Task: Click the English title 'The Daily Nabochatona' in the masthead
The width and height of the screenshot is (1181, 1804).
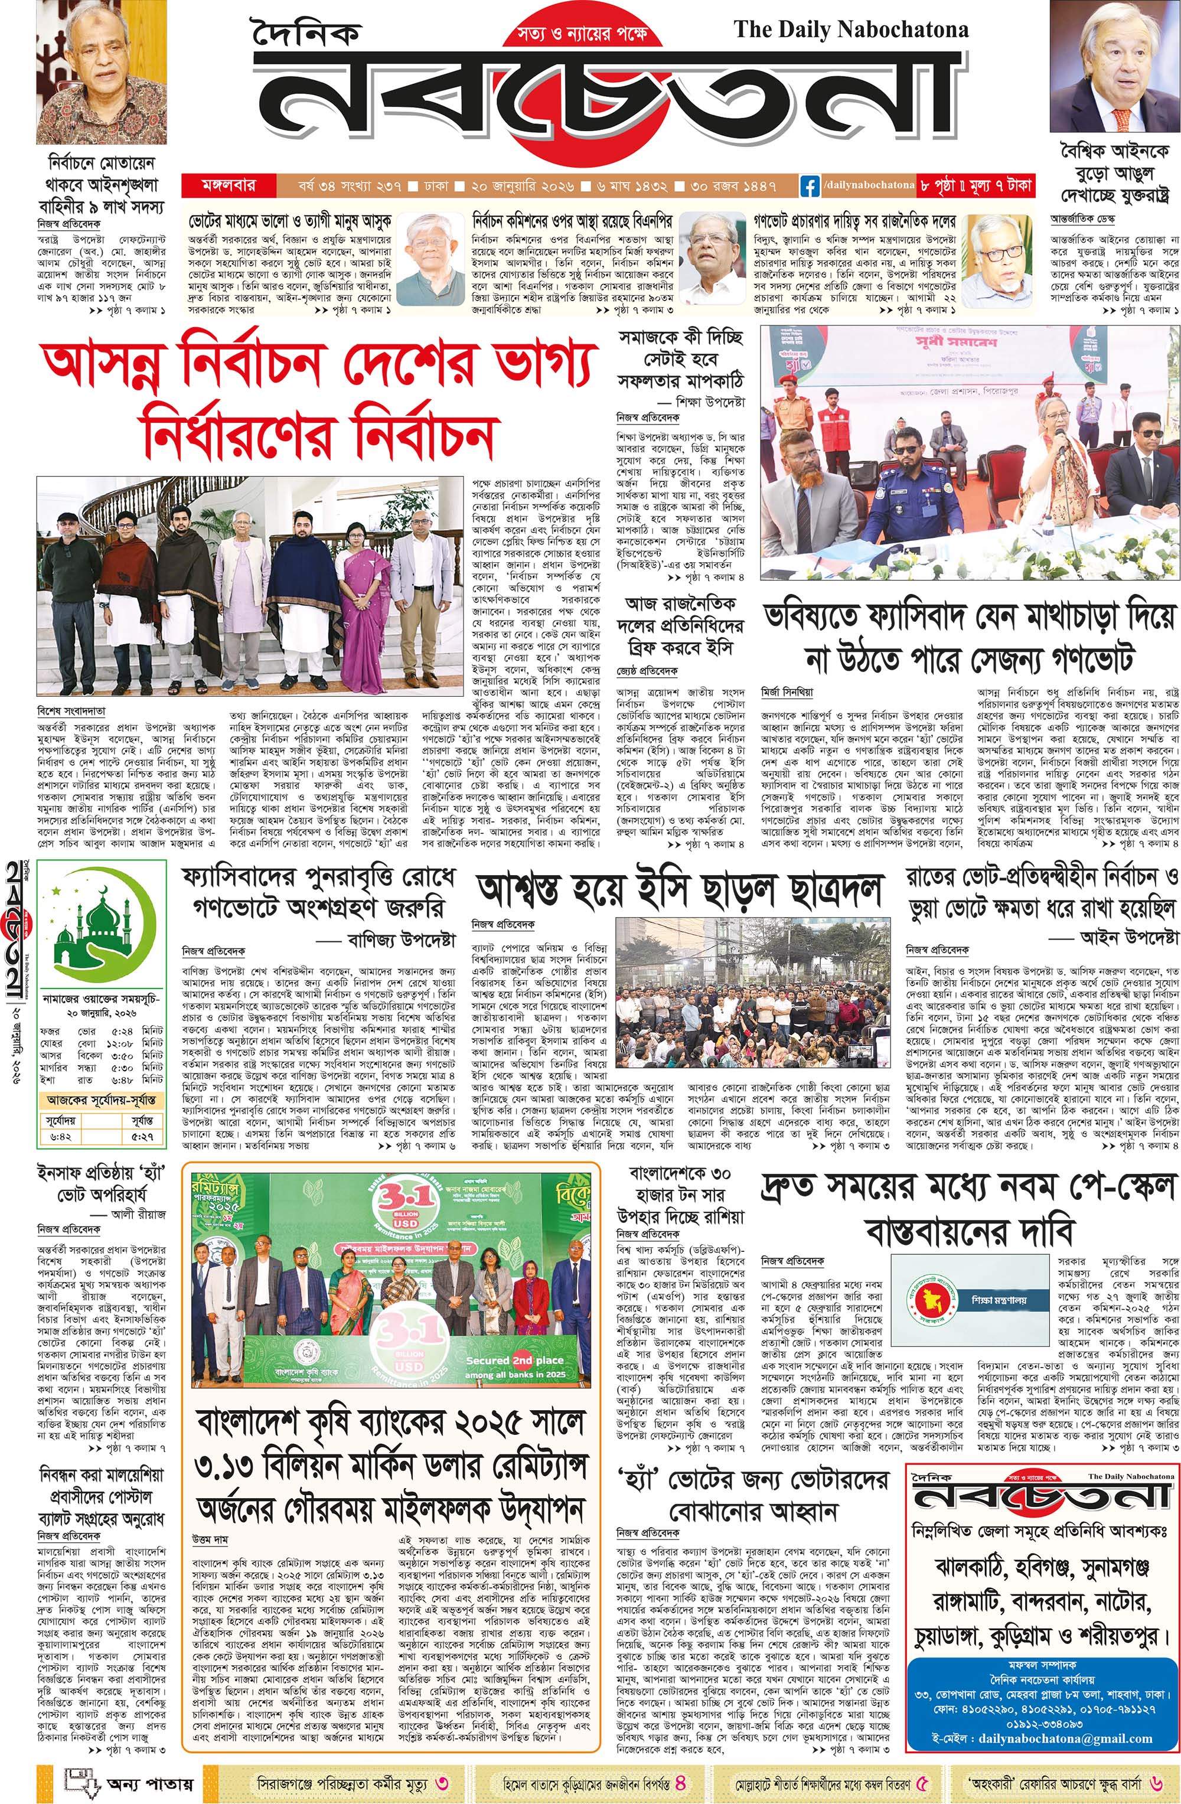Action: pyautogui.click(x=850, y=30)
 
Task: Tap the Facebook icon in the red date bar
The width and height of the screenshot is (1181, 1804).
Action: pyautogui.click(x=810, y=185)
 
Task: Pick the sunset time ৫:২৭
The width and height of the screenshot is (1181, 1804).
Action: pyautogui.click(x=142, y=1136)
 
